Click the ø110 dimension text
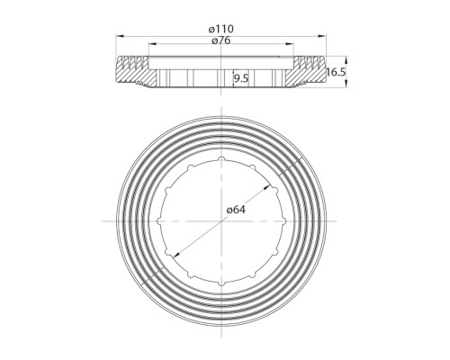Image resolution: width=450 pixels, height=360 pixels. pos(221,30)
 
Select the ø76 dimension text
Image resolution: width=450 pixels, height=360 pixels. pos(221,40)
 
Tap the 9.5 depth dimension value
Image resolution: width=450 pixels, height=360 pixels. pos(240,79)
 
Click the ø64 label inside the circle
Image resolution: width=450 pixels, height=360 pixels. pos(236,210)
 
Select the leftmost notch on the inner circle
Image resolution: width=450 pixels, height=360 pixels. pos(158,221)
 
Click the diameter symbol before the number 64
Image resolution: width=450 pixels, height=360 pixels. pos(229,210)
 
